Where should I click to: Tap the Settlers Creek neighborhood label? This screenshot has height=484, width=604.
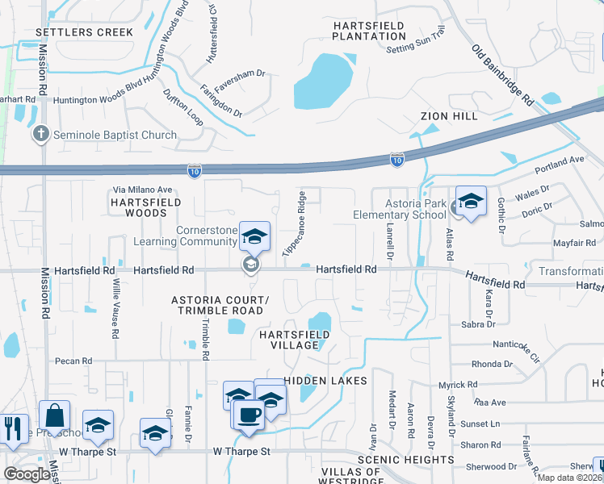[x=84, y=32]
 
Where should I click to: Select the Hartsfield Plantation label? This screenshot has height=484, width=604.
[x=368, y=31]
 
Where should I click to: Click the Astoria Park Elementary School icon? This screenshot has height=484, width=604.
[x=470, y=201]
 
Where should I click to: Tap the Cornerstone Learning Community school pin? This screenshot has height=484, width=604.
[x=254, y=236]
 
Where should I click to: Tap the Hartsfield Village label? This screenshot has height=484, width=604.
[x=288, y=340]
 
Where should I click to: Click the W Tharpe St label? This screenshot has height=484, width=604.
[x=241, y=452]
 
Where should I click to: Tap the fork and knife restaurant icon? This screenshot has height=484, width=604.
[x=13, y=428]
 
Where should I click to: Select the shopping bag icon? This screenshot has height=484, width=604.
[x=54, y=416]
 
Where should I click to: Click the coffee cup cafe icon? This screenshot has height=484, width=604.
[x=249, y=415]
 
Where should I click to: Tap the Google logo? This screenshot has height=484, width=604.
[x=27, y=474]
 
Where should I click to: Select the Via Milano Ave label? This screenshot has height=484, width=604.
[x=142, y=190]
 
